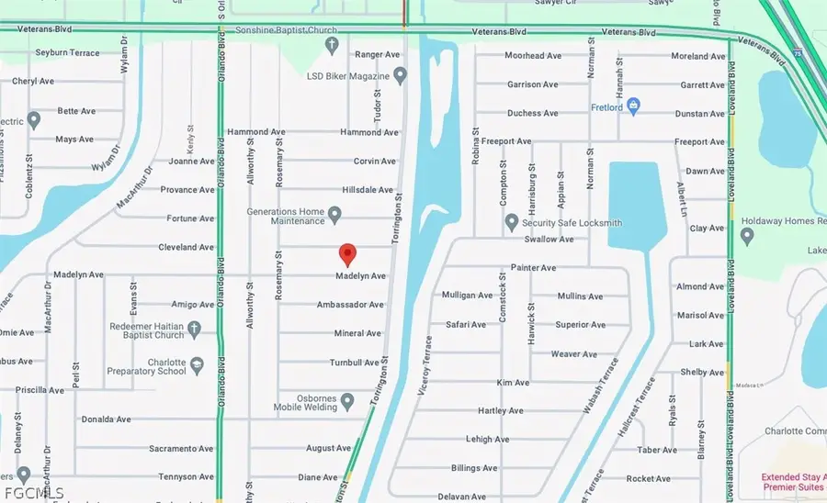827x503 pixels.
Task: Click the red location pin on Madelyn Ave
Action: (346, 254)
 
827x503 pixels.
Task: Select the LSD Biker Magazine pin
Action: (399, 73)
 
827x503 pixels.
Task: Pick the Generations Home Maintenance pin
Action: (335, 216)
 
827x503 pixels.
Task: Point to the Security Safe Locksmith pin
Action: (512, 221)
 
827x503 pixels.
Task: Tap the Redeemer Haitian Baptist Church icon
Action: (194, 328)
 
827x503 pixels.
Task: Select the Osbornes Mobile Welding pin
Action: (347, 401)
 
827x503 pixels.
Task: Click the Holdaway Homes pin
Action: (746, 236)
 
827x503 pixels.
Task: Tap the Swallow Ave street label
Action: (549, 240)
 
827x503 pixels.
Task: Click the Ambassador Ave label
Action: (349, 305)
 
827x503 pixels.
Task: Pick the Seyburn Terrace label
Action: (66, 53)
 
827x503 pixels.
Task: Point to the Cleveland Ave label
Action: (186, 248)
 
